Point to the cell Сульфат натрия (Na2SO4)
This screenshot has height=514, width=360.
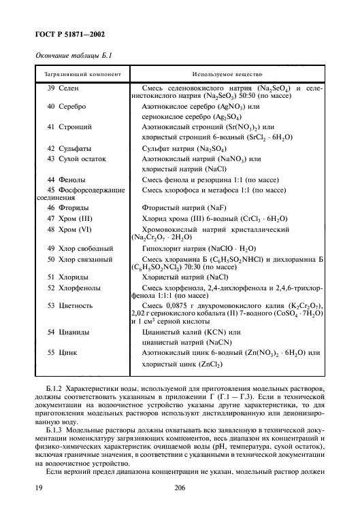pyautogui.click(x=184, y=148)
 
